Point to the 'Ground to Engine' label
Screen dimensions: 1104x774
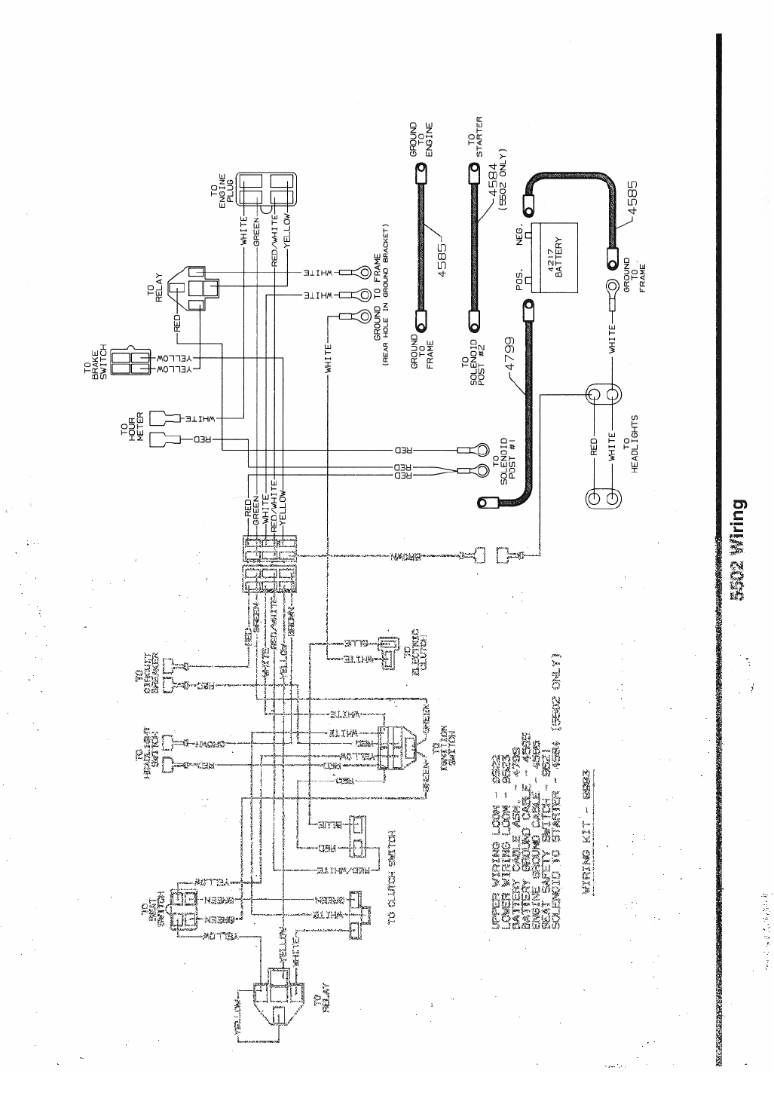421,139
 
